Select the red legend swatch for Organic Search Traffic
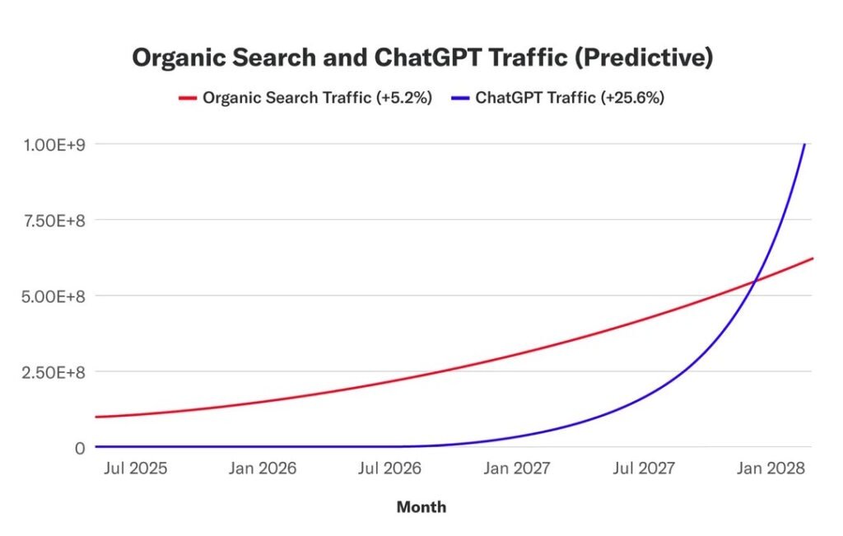[x=187, y=98]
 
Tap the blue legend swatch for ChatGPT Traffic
[x=460, y=98]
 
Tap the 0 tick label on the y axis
[x=79, y=447]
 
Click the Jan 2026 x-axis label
[x=264, y=468]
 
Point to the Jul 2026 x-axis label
[x=389, y=468]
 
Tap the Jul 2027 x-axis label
[x=644, y=468]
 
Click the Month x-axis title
[x=421, y=507]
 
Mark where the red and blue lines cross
[x=754, y=282]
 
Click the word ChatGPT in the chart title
[x=420, y=58]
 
